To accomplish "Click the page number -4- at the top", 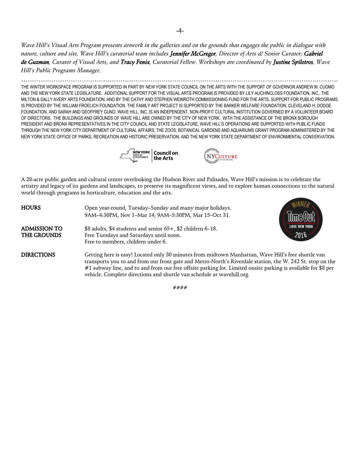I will click(x=180, y=31).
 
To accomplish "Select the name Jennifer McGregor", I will click(x=193, y=54).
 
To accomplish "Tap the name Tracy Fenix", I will click(x=135, y=62).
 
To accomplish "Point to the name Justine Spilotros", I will click(x=293, y=62).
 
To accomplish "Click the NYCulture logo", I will click(x=221, y=156).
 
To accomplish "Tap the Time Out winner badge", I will click(x=301, y=219).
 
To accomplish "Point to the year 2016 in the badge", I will click(x=300, y=234).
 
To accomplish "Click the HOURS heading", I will click(x=31, y=208).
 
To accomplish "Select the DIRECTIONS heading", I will click(x=38, y=255).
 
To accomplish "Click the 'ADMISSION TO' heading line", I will click(x=42, y=229).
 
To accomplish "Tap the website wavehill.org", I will click(x=234, y=274).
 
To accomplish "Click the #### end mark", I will click(x=180, y=287).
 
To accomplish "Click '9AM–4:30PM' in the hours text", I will click(x=100, y=215).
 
